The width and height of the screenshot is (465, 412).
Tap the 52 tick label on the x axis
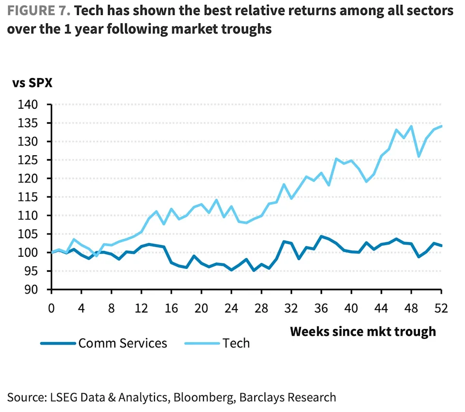click(x=441, y=308)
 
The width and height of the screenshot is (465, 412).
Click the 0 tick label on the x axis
click(x=51, y=308)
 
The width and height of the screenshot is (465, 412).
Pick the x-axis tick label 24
click(x=232, y=308)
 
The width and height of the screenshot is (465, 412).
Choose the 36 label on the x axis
click(x=322, y=308)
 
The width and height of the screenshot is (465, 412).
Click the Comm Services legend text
click(x=123, y=343)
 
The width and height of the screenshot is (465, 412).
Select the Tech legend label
click(x=236, y=343)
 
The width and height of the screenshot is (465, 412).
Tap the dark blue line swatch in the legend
click(x=58, y=343)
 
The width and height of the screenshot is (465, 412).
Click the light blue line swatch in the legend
click(x=201, y=343)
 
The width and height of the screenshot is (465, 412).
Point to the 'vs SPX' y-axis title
click(x=32, y=82)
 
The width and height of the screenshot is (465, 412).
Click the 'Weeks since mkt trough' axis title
click(x=363, y=331)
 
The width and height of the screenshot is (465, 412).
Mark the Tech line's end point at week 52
click(x=441, y=126)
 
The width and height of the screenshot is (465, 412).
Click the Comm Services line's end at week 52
click(x=441, y=246)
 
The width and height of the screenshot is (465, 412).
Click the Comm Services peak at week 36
click(x=322, y=236)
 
